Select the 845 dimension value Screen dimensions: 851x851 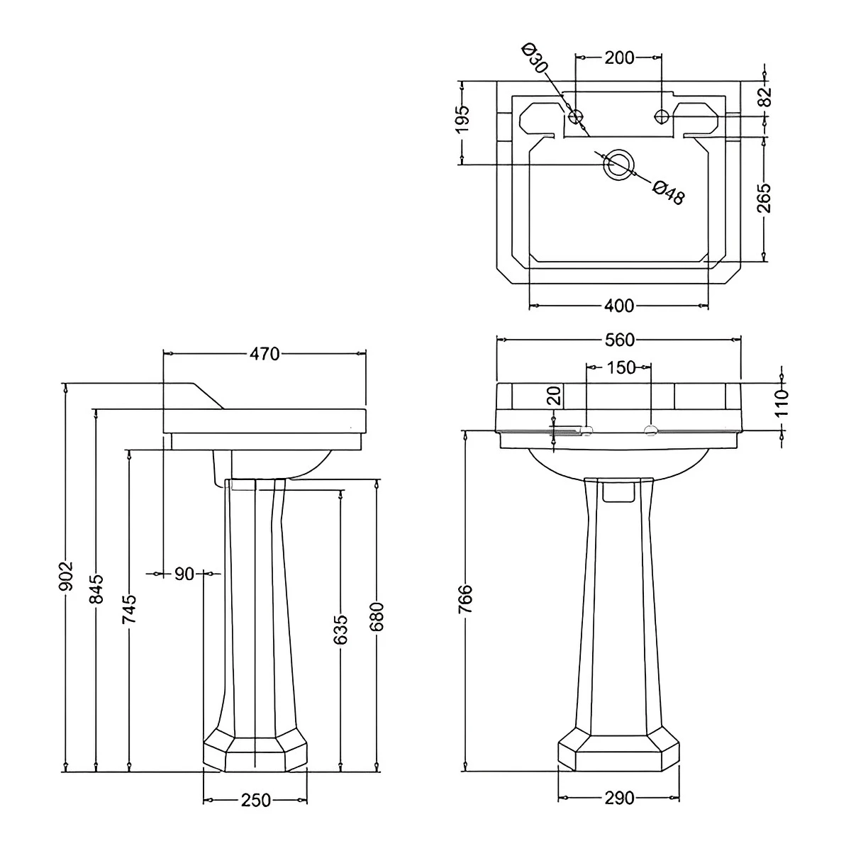pos(97,589)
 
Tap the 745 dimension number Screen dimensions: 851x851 pos(129,609)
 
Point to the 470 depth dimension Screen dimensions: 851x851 pos(265,353)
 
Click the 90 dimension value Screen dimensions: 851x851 pos(184,574)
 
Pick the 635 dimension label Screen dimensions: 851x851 pos(340,629)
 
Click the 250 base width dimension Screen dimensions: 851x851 pos(255,801)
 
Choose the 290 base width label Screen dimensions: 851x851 pos(619,799)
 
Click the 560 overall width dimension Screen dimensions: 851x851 pos(619,340)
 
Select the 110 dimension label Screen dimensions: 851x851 pos(782,403)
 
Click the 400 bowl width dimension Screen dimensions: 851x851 pos(619,306)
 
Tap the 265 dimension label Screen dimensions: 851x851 pos(764,198)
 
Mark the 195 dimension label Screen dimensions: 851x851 pos(462,118)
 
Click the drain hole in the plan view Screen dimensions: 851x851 pos(617,163)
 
